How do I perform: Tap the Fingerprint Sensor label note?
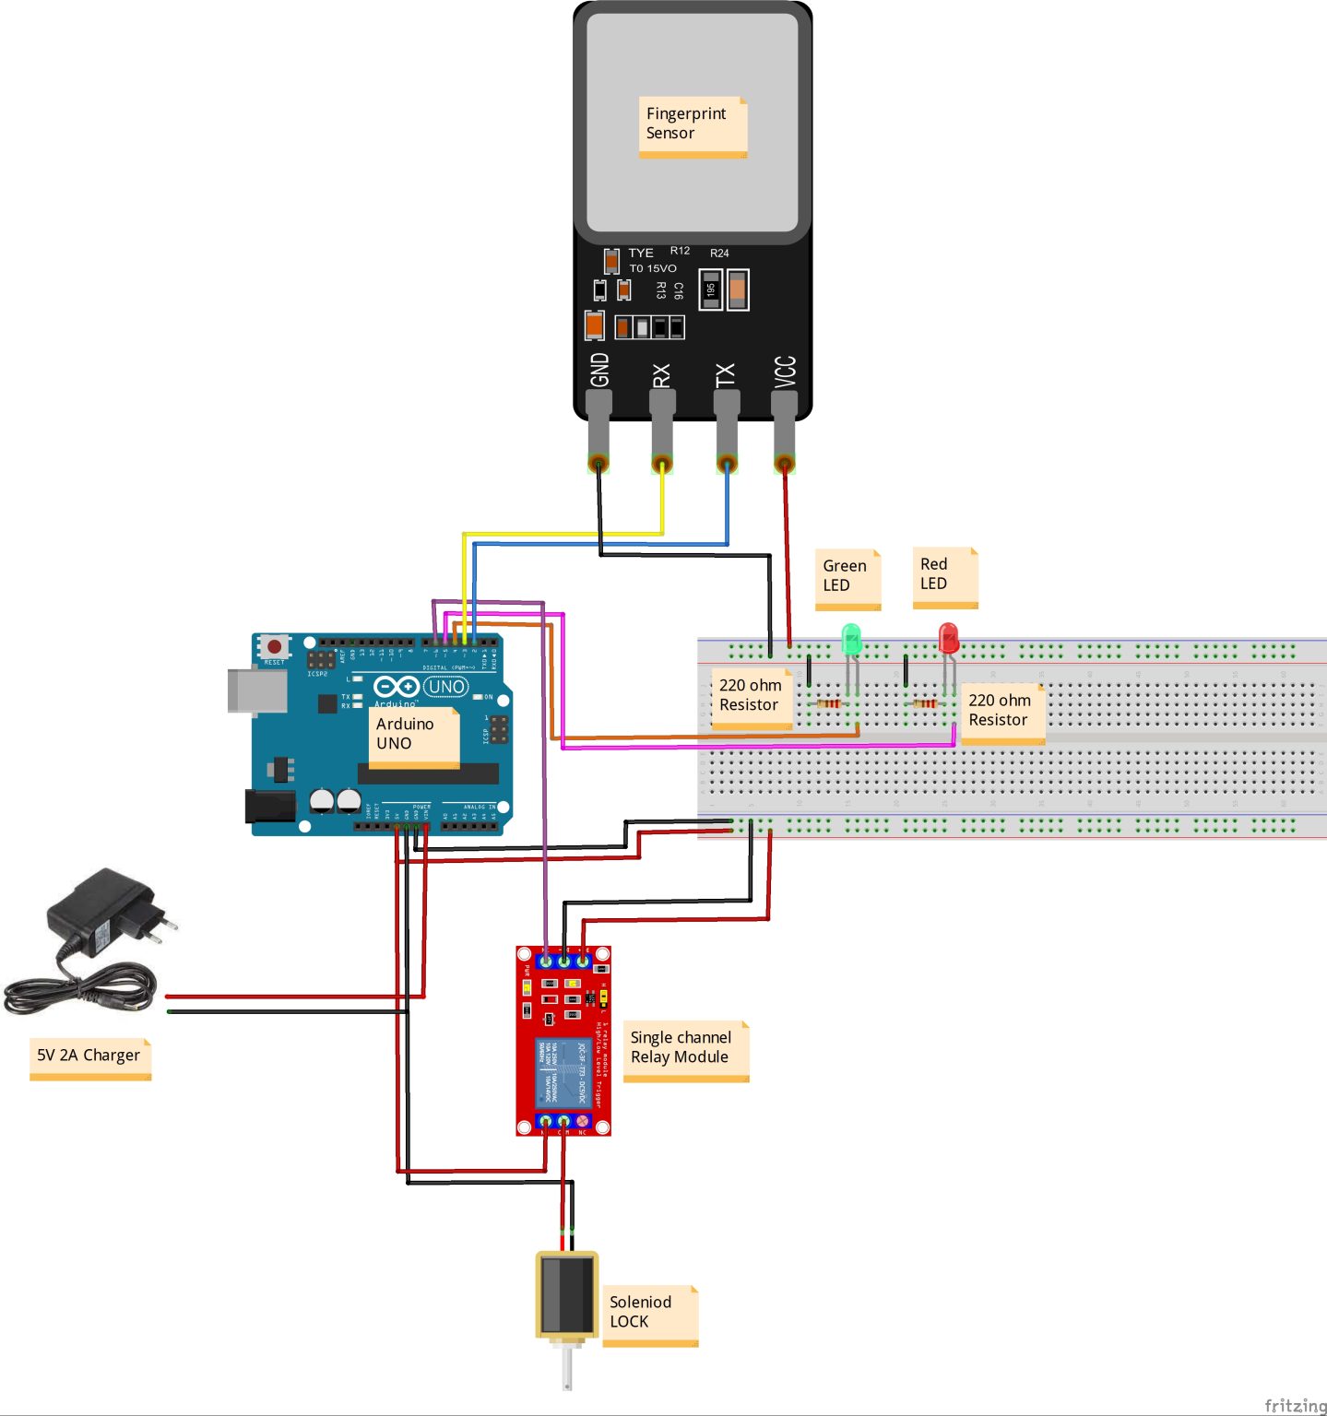693,126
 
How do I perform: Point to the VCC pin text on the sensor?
785,372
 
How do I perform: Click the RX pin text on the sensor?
661,375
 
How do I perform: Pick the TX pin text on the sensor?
726,374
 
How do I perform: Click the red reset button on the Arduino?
274,647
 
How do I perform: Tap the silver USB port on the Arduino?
257,691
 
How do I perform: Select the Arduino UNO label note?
414,737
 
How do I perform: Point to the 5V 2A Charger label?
89,1057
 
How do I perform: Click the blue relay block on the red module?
563,1071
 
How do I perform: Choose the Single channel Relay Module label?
685,1050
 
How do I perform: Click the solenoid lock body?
566,1293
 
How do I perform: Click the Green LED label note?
847,578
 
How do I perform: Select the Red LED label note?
944,576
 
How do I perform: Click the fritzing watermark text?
1295,1404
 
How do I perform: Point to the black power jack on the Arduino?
269,806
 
